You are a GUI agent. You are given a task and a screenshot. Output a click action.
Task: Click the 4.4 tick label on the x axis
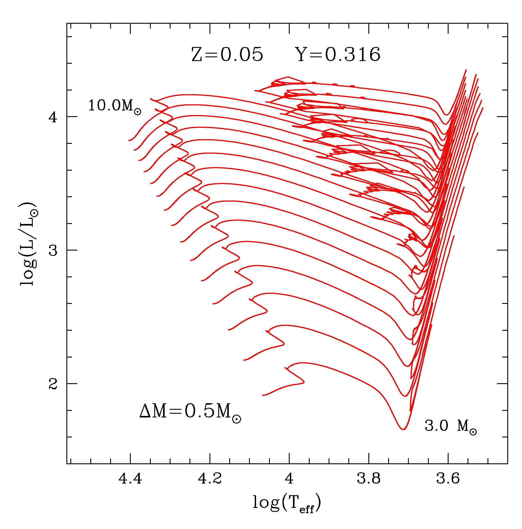coord(130,479)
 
